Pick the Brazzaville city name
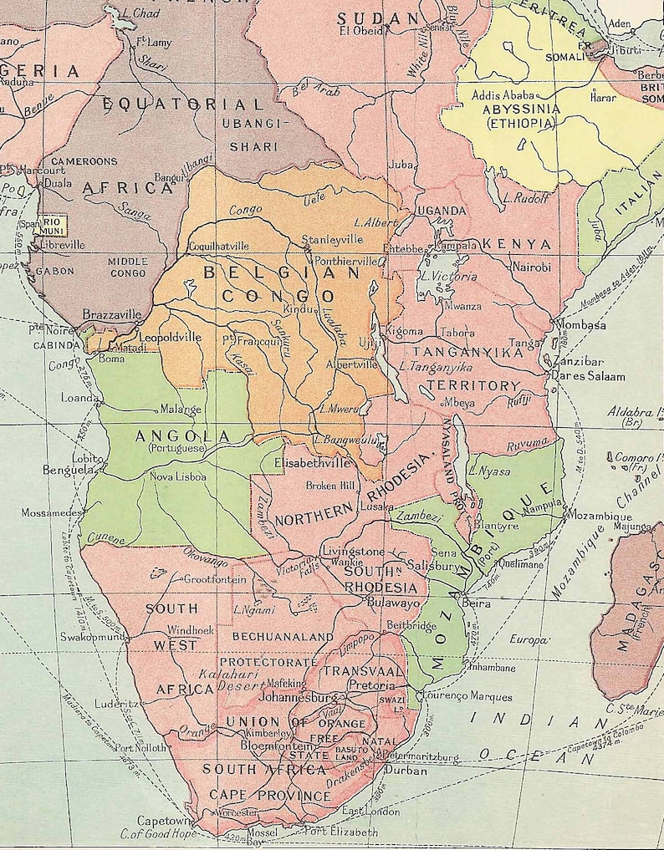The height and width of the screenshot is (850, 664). (111, 315)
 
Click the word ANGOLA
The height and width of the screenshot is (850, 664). (181, 436)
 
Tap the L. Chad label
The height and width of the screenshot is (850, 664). (138, 13)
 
